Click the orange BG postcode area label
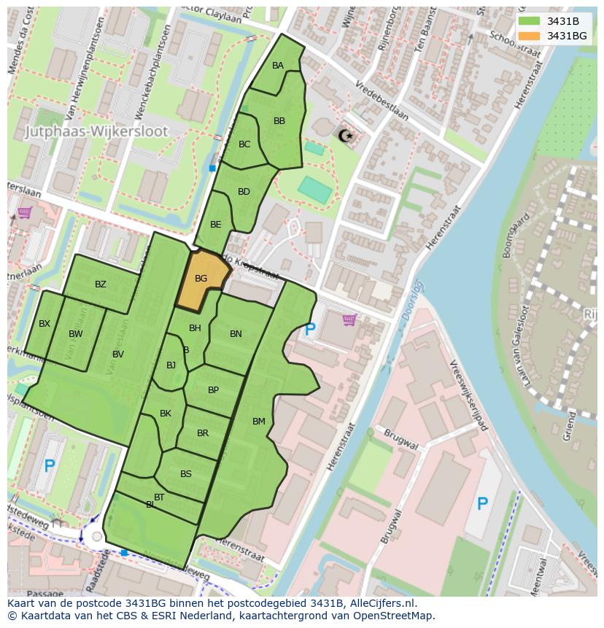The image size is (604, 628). click(x=201, y=279)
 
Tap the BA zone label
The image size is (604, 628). click(x=278, y=66)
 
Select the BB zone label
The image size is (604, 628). click(x=279, y=121)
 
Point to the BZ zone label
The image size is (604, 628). click(x=101, y=284)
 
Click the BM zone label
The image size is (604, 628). click(x=259, y=422)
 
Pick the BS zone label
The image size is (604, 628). click(x=186, y=474)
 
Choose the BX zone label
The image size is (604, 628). click(x=44, y=324)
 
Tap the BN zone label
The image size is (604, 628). click(x=236, y=334)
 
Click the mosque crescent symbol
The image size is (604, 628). click(x=344, y=135)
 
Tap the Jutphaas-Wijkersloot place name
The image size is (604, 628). click(x=96, y=132)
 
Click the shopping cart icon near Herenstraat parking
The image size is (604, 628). click(x=349, y=319)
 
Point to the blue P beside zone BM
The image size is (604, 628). click(x=310, y=330)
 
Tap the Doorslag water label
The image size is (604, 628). click(x=412, y=301)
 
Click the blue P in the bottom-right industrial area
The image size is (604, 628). click(x=482, y=503)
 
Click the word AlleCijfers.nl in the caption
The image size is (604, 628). click(x=380, y=603)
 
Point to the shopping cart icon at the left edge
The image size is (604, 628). click(x=24, y=213)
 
